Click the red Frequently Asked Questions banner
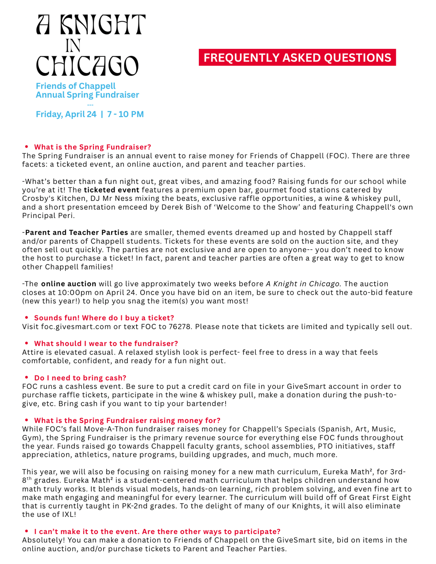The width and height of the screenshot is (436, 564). (297, 58)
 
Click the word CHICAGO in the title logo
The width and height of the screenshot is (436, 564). (87, 66)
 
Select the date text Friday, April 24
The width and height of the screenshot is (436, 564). (66, 114)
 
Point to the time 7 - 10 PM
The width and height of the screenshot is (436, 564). (125, 114)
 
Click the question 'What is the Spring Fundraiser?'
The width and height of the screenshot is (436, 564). (93, 147)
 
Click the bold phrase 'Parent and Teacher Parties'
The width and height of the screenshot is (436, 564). (77, 233)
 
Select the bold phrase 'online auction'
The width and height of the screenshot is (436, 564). (68, 284)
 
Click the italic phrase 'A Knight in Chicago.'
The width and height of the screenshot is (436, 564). (304, 284)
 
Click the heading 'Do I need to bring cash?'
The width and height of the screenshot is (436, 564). (80, 378)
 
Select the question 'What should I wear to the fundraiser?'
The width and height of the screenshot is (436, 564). (106, 344)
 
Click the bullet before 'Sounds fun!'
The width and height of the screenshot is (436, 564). (27, 318)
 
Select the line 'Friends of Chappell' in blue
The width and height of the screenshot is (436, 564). (76, 86)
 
